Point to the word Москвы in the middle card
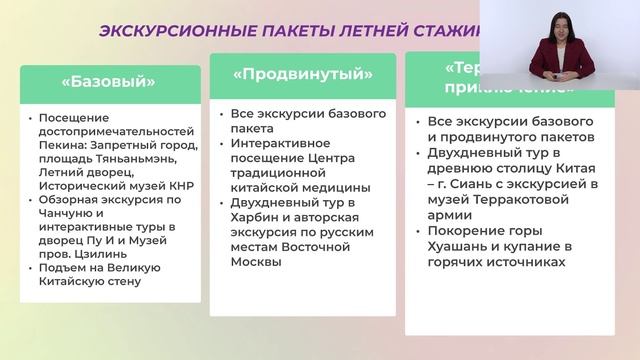254,262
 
